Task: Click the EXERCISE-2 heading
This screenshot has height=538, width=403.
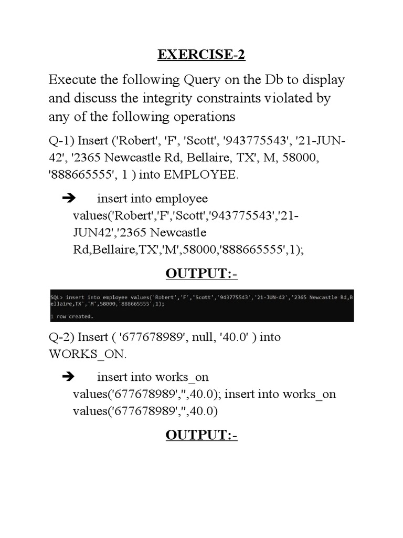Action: (x=201, y=55)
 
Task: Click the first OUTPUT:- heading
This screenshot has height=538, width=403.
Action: (x=201, y=274)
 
